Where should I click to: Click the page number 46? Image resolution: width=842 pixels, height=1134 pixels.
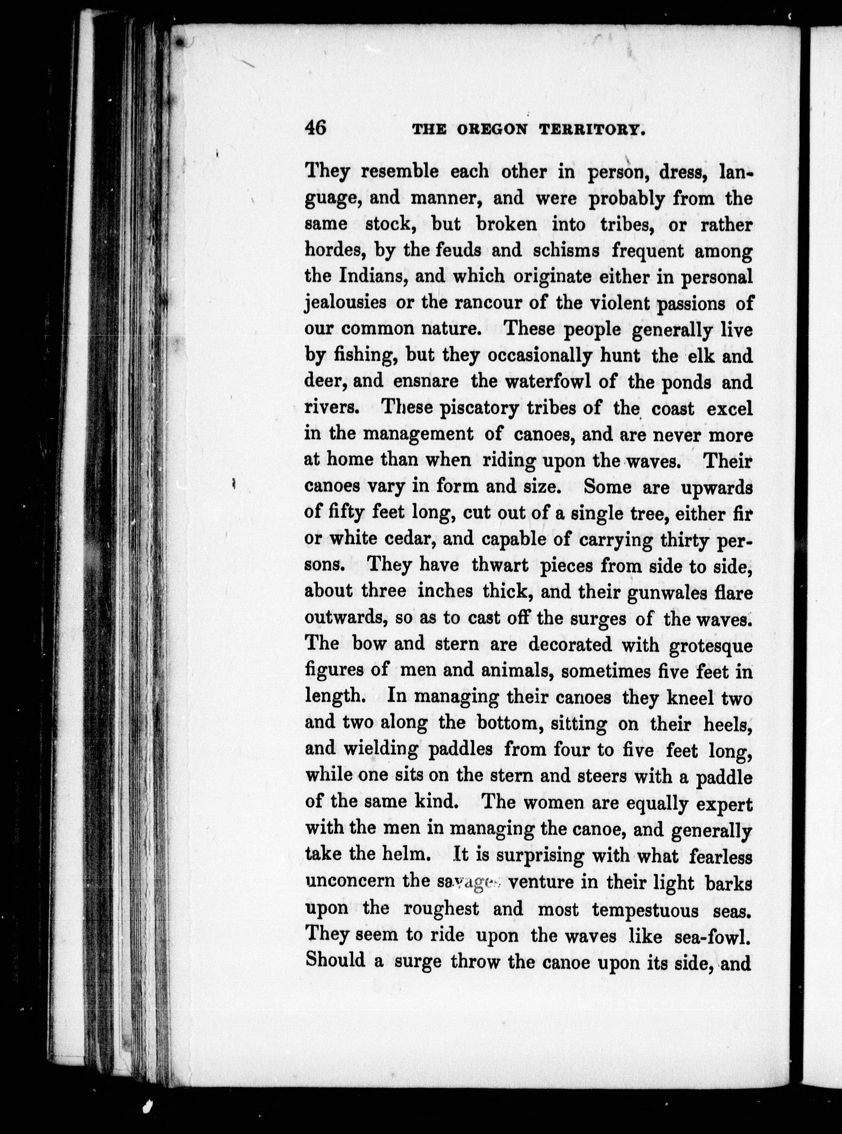[316, 127]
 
